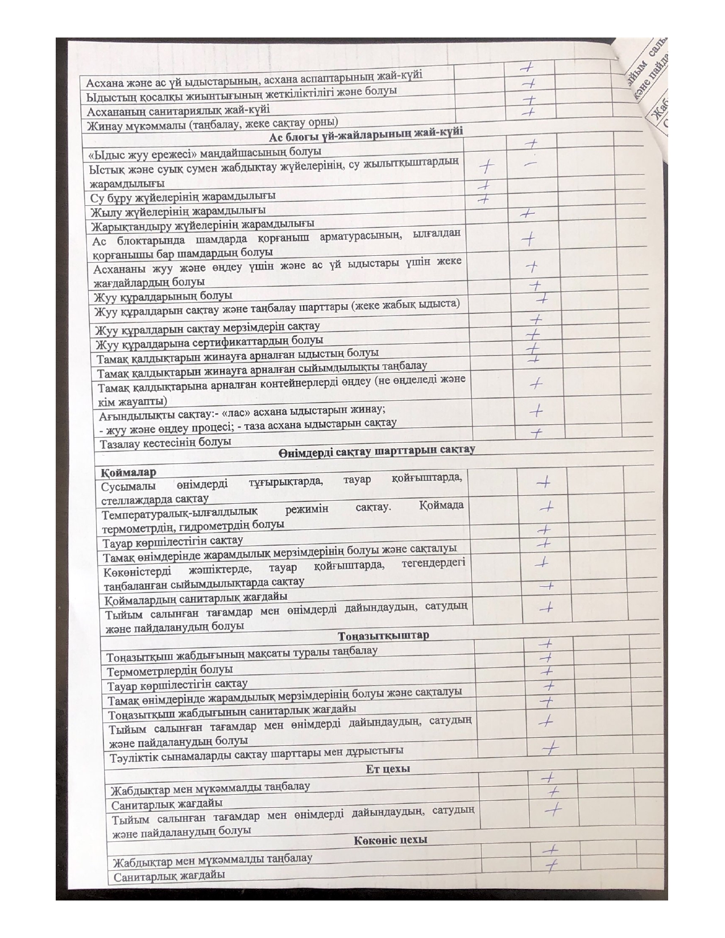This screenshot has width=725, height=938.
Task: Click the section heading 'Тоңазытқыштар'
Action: coord(383,636)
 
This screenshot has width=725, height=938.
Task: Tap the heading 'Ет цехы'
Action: coord(388,769)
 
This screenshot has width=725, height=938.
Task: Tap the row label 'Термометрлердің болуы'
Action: coord(170,671)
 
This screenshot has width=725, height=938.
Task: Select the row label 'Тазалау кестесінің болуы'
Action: coord(165,442)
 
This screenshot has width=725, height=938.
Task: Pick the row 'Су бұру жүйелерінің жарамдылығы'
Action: coord(183,197)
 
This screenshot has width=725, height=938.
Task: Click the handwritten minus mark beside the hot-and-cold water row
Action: coord(529,163)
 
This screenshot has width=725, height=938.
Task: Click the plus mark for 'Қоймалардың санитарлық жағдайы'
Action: coord(547,585)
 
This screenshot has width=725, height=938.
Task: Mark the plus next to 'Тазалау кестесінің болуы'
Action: coord(536,433)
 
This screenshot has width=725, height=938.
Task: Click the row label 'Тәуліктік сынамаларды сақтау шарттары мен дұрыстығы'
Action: coord(257,753)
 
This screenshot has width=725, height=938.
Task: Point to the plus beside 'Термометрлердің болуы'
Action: coord(547,657)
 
